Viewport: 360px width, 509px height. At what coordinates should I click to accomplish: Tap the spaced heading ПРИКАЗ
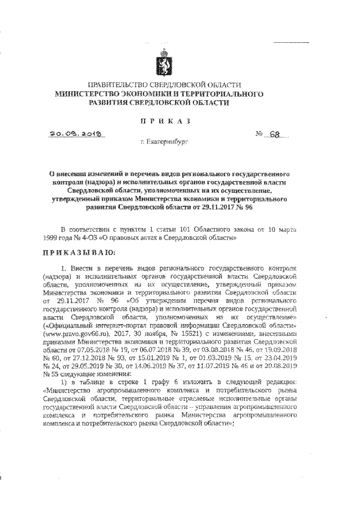tap(168, 121)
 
